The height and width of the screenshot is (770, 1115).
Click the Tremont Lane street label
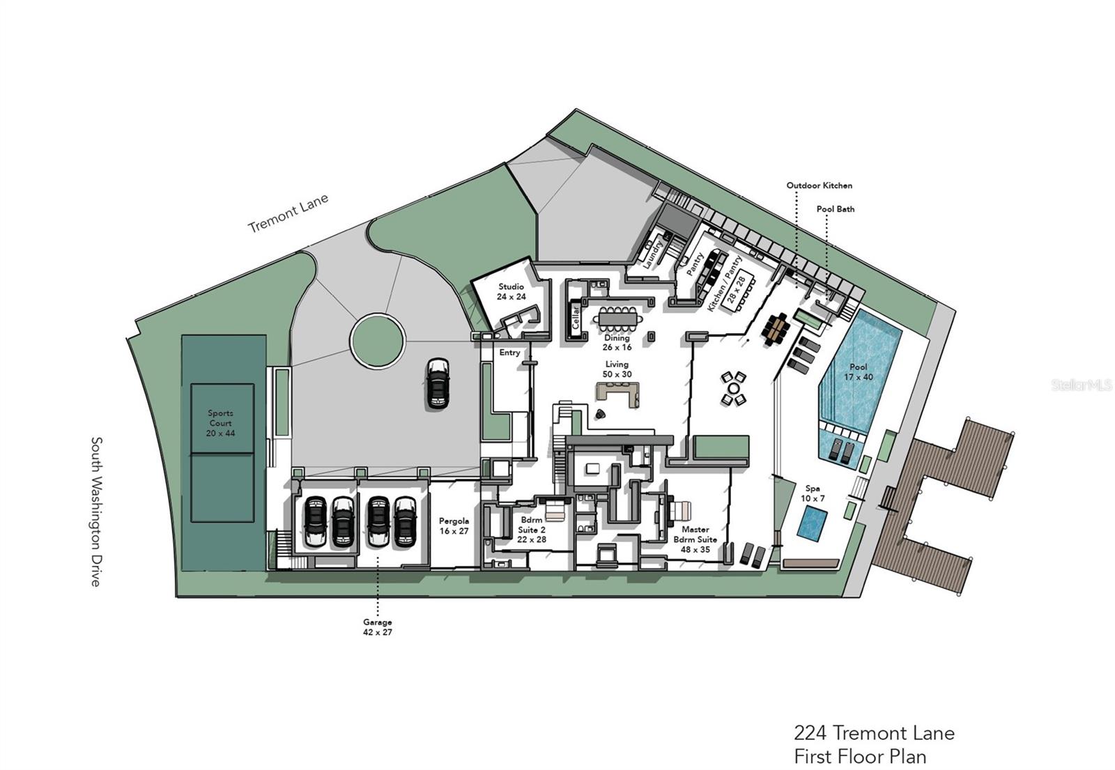click(288, 213)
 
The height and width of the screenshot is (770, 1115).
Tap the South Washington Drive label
click(96, 511)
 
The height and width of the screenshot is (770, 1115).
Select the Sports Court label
click(221, 423)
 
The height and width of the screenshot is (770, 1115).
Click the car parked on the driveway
click(438, 383)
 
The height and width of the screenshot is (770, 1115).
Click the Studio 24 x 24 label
click(511, 291)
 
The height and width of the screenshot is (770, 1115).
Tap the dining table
click(617, 320)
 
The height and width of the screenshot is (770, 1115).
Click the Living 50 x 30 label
click(617, 369)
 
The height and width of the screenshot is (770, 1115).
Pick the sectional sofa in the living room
click(617, 396)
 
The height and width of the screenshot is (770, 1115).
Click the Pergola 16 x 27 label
click(454, 525)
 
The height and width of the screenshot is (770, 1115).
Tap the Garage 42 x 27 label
click(377, 626)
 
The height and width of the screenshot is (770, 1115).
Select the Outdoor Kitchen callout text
click(819, 185)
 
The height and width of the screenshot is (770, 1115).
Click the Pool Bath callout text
click(836, 209)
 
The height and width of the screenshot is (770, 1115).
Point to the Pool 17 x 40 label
click(859, 372)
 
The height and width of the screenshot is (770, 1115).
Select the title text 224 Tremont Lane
click(874, 733)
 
